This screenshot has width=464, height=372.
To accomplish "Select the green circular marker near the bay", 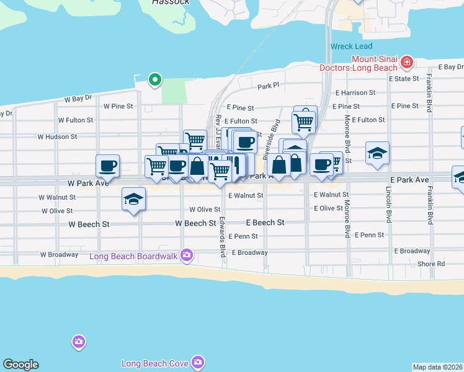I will tap(154, 79).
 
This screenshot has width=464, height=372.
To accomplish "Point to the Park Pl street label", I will tap(269, 86).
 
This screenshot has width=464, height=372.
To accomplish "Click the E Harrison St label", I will tap(355, 92).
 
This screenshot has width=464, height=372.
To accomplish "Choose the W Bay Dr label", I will tap(78, 98).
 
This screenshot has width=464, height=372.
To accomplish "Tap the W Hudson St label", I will tap(57, 136).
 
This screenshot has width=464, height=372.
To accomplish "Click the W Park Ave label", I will tap(88, 184).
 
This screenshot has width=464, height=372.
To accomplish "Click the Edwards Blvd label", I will tap(222, 236).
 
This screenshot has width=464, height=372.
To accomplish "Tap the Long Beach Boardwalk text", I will tap(133, 255).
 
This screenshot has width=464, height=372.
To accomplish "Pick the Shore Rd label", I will tap(431, 263).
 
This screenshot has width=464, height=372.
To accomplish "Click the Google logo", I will tap(20, 365).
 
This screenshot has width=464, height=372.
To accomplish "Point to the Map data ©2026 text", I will tap(437, 367).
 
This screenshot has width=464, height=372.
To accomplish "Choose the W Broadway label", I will tap(60, 254).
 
